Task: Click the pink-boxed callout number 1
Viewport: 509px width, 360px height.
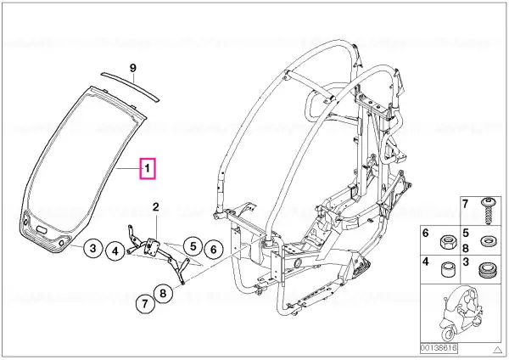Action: (x=148, y=168)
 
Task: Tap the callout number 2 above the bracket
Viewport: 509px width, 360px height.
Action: (x=156, y=206)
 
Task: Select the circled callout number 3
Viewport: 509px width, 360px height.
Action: (x=93, y=248)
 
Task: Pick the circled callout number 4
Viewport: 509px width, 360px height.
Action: (x=115, y=250)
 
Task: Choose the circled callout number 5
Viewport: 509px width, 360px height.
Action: (x=193, y=246)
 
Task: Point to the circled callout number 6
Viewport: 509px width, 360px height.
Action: (x=213, y=250)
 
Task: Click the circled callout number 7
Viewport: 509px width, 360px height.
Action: (x=145, y=303)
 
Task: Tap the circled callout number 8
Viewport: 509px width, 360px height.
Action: (x=163, y=294)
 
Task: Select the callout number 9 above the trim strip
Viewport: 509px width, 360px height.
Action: (x=133, y=68)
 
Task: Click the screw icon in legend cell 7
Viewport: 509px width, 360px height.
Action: (x=487, y=211)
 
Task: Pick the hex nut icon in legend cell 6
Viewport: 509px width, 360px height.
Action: (x=447, y=241)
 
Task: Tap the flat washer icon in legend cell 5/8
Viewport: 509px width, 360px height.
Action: (x=487, y=241)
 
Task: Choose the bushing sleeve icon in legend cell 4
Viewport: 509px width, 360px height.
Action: (x=447, y=270)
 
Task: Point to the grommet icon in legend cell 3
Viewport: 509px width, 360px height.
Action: (x=487, y=270)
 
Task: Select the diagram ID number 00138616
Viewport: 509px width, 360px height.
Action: (x=439, y=348)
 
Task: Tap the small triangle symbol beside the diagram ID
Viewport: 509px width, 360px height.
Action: (x=497, y=350)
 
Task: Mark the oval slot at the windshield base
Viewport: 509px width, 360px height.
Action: (x=42, y=229)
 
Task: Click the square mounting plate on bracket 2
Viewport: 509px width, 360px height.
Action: (x=151, y=246)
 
